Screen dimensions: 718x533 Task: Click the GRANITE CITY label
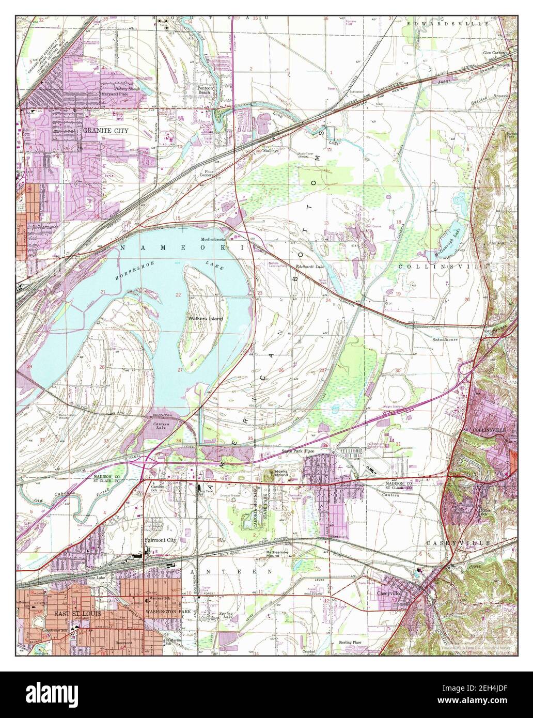pyautogui.click(x=105, y=131)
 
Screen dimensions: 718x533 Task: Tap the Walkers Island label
pyautogui.click(x=206, y=319)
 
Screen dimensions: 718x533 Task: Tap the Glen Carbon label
pyautogui.click(x=495, y=53)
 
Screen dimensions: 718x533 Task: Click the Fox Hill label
pyautogui.click(x=497, y=243)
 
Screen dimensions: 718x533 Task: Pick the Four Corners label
pyautogui.click(x=207, y=173)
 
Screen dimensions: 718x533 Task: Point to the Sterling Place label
pyautogui.click(x=350, y=642)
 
